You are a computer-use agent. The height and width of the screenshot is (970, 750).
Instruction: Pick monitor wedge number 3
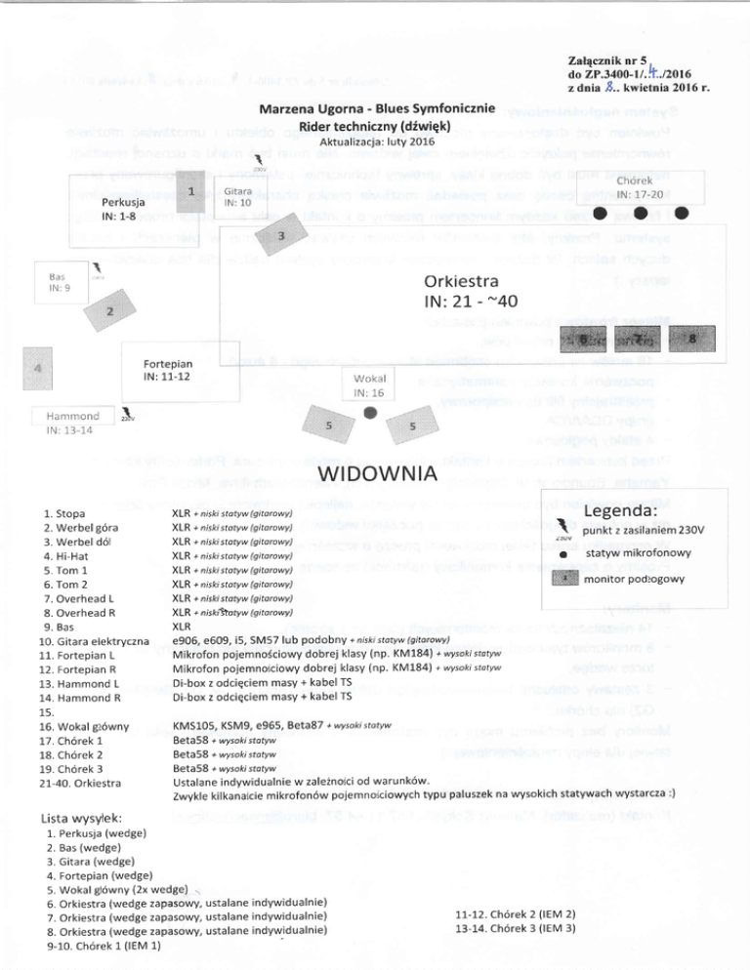281,237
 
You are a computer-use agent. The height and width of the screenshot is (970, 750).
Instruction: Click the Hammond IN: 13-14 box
64,422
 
